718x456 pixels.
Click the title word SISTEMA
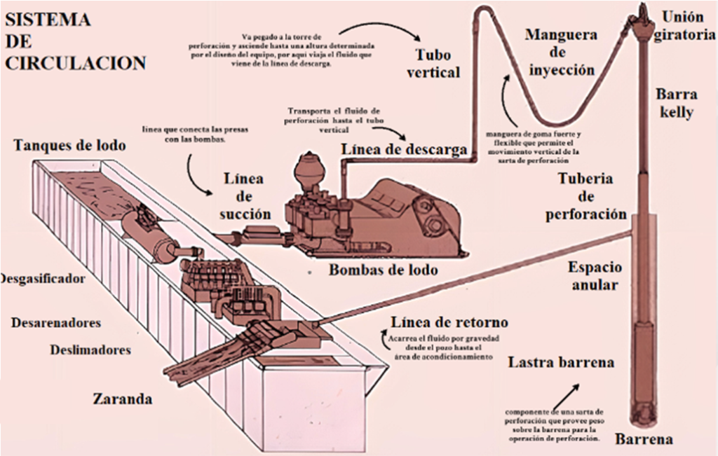(x=48, y=19)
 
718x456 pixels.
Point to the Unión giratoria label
(x=684, y=26)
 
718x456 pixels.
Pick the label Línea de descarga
(x=404, y=149)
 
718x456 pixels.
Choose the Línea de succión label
(x=244, y=197)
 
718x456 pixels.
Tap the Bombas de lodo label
(x=384, y=270)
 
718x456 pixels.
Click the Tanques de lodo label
(x=69, y=145)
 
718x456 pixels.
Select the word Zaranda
(x=122, y=399)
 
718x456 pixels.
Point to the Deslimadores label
(x=90, y=350)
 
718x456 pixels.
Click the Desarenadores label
(x=56, y=323)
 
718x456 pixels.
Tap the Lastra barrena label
(x=561, y=363)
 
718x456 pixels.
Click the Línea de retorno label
(x=449, y=323)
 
